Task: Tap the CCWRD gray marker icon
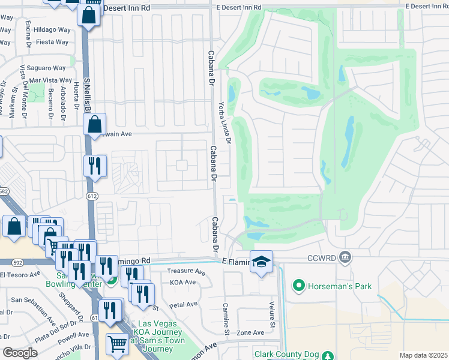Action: point(345,257)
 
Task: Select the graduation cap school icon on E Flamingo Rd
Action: point(261,262)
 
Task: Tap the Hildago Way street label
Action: point(52,29)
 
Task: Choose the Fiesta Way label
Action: point(53,42)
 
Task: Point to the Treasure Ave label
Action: point(185,271)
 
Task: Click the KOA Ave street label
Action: point(183,282)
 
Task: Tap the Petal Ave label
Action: point(184,304)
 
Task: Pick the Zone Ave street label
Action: point(250,332)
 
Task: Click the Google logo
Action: point(19,353)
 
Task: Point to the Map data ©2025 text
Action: point(423,355)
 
